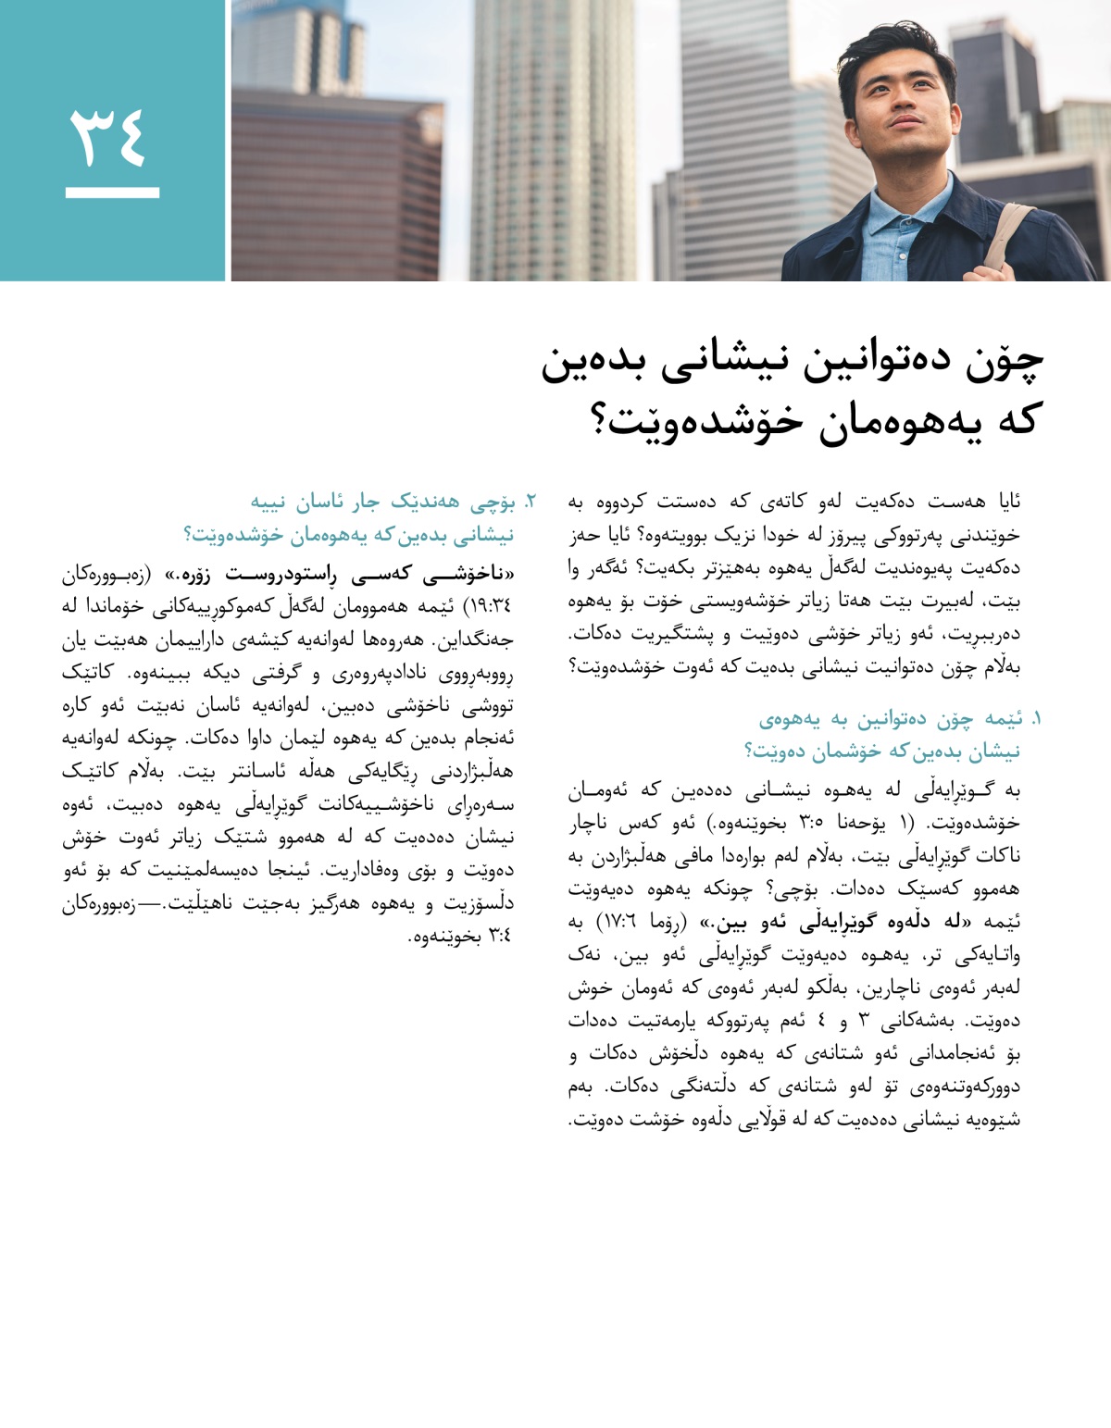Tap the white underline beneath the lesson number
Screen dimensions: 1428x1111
[112, 193]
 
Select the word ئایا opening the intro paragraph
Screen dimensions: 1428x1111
[1004, 503]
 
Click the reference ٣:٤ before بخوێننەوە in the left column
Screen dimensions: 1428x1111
[500, 937]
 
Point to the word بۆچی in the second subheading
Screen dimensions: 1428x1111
[494, 503]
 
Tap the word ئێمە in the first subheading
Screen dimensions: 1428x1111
[1003, 718]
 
